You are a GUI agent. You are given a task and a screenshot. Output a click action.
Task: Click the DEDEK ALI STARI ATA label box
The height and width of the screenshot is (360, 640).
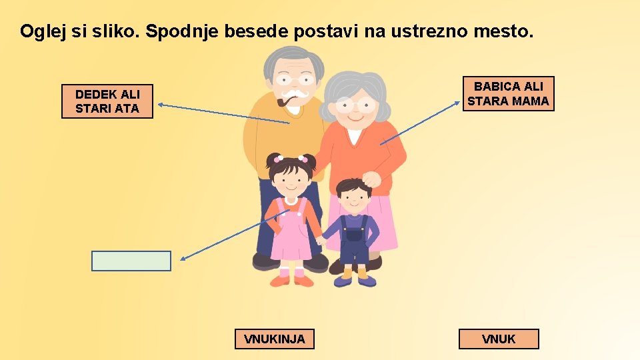pyautogui.click(x=107, y=101)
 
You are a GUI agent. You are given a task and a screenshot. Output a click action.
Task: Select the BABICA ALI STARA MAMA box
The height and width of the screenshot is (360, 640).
pyautogui.click(x=508, y=93)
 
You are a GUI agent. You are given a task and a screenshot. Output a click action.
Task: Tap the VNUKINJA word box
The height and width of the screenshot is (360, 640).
pyautogui.click(x=274, y=339)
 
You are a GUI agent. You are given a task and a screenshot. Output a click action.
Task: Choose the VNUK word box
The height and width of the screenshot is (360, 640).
pyautogui.click(x=499, y=339)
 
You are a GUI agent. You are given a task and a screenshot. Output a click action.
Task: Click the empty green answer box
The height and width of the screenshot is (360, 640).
pyautogui.click(x=131, y=261)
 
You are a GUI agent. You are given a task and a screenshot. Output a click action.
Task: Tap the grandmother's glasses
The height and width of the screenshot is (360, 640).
pyautogui.click(x=354, y=105)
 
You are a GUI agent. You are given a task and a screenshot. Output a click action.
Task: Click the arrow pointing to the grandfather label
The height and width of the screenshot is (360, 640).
pyautogui.click(x=220, y=113)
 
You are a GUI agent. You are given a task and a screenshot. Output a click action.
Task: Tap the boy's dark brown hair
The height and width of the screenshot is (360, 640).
pyautogui.click(x=353, y=186)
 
